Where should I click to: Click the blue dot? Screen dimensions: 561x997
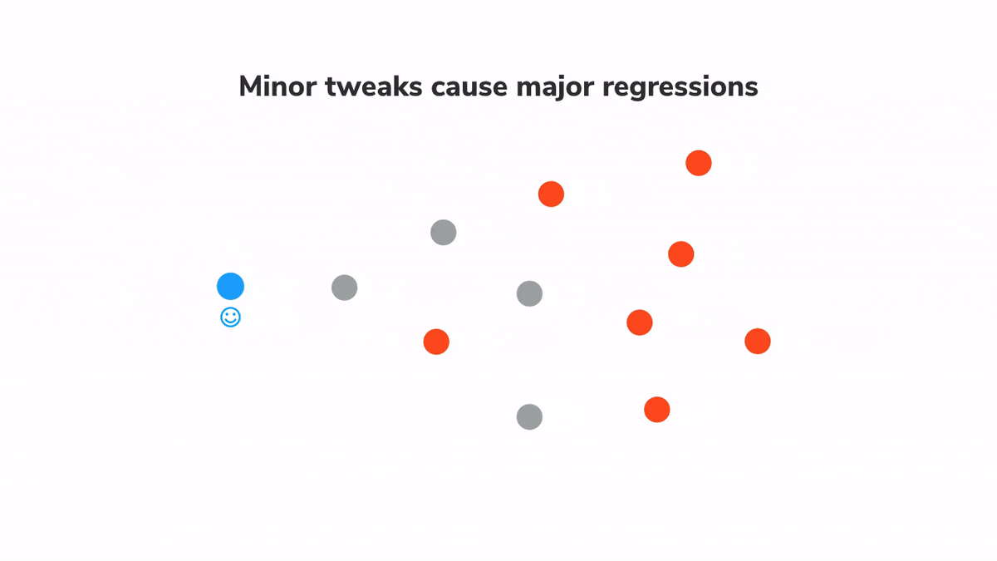pos(230,286)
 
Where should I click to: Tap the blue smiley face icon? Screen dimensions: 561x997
pos(230,317)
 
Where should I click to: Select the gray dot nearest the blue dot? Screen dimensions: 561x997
pos(344,288)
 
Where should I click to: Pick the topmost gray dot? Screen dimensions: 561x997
pos(443,232)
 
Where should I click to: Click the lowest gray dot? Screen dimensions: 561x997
pos(529,416)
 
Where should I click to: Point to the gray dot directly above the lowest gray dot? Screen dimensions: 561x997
pos(529,293)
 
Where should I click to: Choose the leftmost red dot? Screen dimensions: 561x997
pos(436,341)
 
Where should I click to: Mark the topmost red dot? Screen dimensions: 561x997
pos(698,163)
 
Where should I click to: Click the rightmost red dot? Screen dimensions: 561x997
pos(757,341)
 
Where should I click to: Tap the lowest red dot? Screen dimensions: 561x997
pos(656,409)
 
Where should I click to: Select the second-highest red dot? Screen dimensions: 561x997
pos(551,194)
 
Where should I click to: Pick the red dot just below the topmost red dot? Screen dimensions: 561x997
pos(680,253)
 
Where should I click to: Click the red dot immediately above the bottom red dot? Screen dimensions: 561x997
pos(639,322)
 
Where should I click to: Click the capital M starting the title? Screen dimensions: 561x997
pos(249,86)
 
